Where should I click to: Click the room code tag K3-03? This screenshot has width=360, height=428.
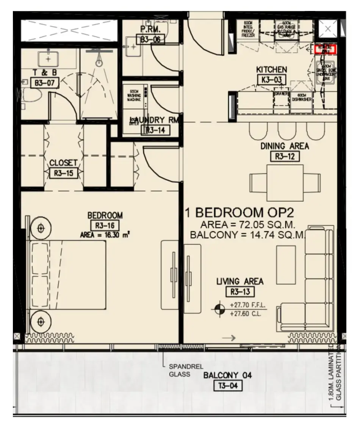point(271,80)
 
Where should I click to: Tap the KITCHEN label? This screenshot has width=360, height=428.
point(271,70)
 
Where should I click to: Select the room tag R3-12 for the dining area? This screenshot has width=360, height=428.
point(285,156)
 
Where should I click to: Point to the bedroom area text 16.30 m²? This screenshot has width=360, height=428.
point(105,235)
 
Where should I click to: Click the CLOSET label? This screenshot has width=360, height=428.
point(63,163)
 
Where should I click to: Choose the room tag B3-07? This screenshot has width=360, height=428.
point(45,83)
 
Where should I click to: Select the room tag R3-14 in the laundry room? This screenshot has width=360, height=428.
point(155,130)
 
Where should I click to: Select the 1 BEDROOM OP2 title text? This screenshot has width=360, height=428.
point(242,212)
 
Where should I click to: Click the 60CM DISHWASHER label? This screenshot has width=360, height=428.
point(302,98)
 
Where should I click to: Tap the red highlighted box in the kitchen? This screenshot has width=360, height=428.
point(325,49)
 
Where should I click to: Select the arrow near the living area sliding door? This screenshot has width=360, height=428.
point(229,338)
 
